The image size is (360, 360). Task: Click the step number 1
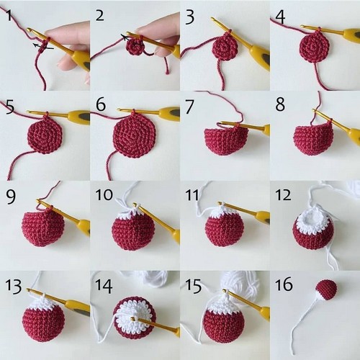point(9,15)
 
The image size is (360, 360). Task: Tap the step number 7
point(189,106)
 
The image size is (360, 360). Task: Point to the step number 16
point(284,284)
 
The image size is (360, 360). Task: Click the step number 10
point(104,194)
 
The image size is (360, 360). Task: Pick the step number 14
point(104,285)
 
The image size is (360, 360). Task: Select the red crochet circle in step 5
point(45,135)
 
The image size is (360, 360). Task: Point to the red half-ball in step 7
point(225,140)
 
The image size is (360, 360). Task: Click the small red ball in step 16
point(326,289)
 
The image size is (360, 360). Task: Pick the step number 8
point(280,104)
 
